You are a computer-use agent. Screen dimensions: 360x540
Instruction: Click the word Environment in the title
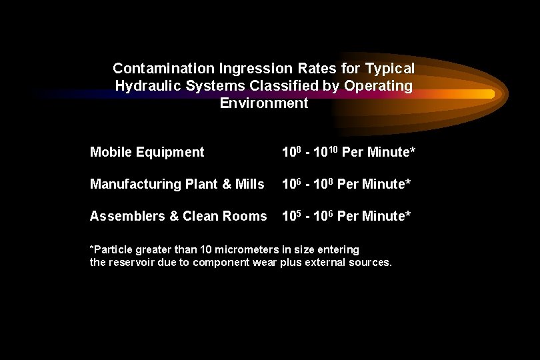[264, 103]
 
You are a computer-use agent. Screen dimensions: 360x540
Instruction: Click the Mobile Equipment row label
[147, 153]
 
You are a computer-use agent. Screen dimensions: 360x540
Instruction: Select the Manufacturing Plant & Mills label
[177, 184]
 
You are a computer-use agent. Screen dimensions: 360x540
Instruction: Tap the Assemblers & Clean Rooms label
[177, 216]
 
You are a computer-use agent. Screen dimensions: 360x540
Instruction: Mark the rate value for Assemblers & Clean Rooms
[346, 216]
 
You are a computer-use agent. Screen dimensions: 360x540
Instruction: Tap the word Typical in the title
[391, 69]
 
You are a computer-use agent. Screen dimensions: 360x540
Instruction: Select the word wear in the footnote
[273, 263]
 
